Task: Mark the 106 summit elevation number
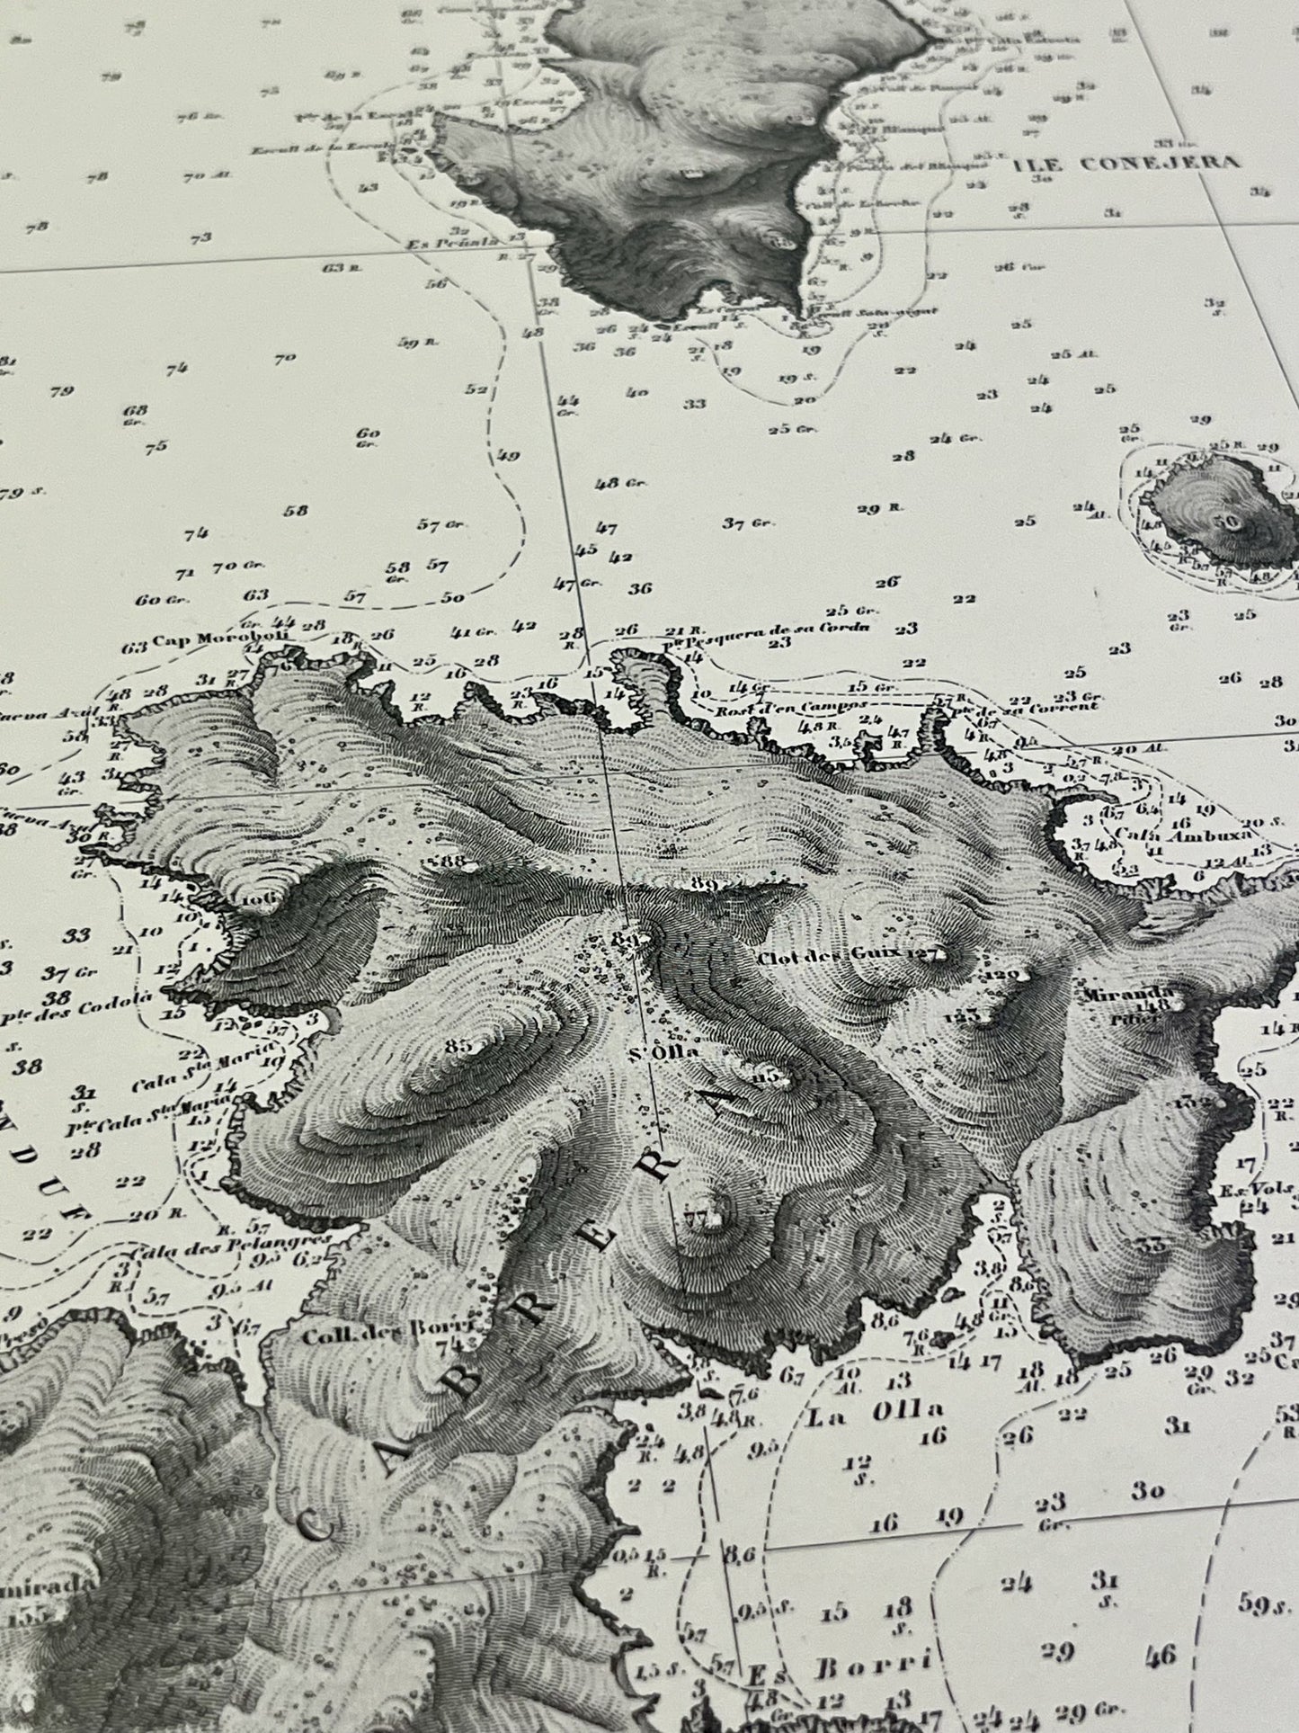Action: point(256,898)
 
